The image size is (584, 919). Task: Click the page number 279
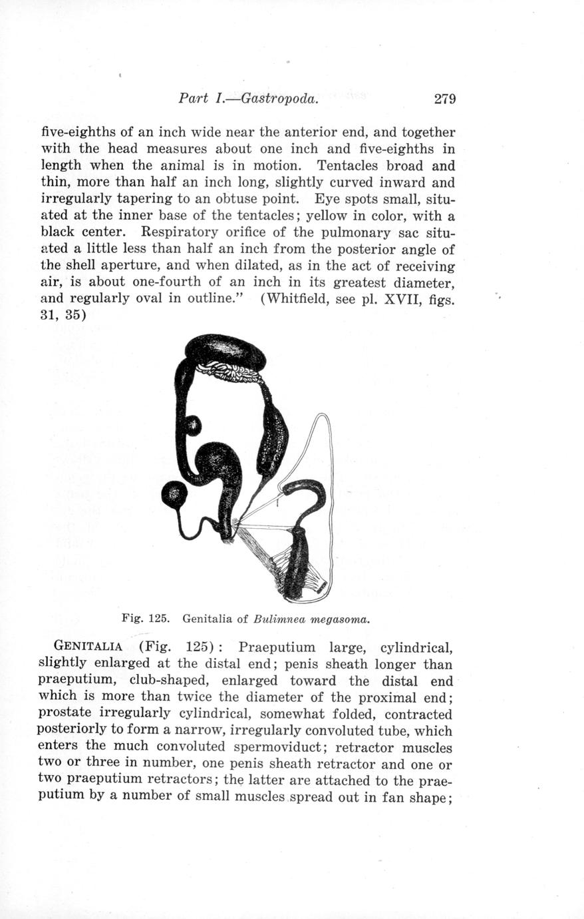point(444,99)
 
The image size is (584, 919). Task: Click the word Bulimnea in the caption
point(277,619)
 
